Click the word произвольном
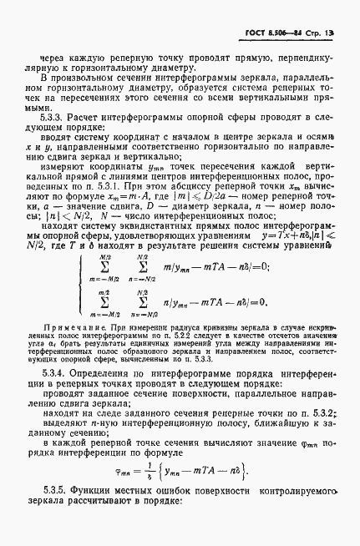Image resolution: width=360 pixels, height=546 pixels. tap(86, 77)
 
